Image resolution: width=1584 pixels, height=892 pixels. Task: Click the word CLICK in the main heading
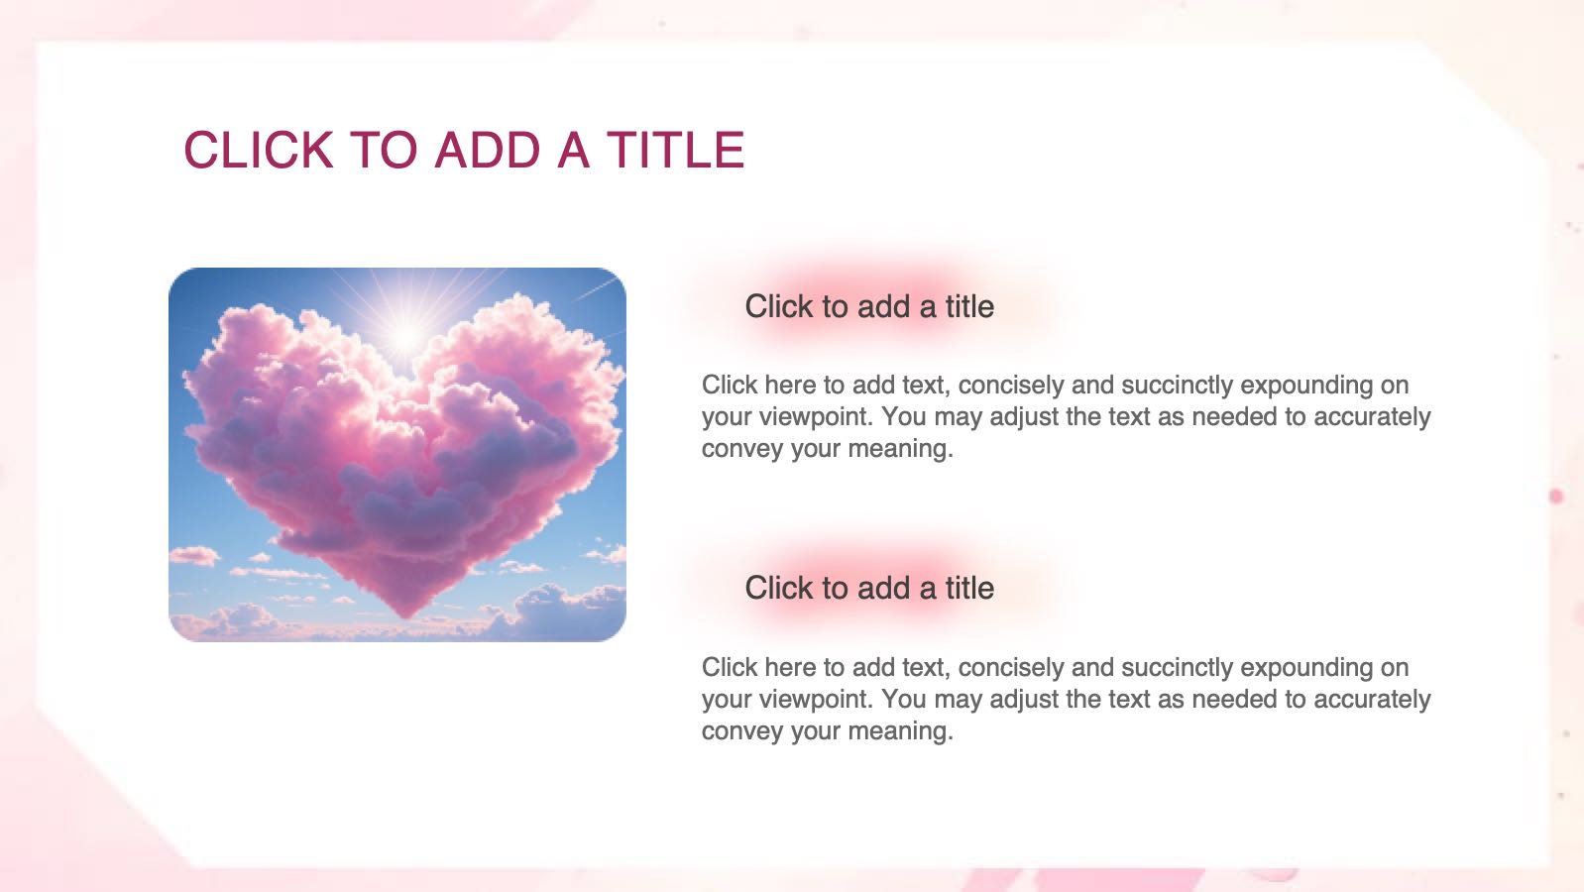[x=258, y=150]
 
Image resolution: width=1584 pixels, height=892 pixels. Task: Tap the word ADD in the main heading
[x=488, y=150]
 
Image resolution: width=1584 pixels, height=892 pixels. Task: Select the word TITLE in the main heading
[x=676, y=150]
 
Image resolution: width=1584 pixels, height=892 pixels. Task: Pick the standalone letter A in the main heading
[x=574, y=150]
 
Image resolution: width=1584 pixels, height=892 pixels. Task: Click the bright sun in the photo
[x=406, y=335]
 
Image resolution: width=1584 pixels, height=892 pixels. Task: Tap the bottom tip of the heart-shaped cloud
[x=405, y=616]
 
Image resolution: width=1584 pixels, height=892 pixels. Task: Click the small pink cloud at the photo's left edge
[x=193, y=556]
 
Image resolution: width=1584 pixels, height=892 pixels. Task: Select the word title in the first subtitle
[x=969, y=307]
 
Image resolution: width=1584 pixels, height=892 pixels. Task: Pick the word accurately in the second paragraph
[x=1372, y=699]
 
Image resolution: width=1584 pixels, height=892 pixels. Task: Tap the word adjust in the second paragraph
[x=1024, y=699]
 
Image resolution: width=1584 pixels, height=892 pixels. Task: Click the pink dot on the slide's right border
[x=1555, y=497]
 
